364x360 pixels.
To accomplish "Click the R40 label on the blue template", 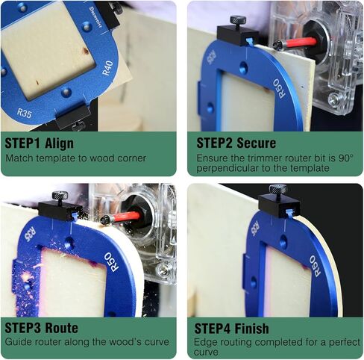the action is (107, 68).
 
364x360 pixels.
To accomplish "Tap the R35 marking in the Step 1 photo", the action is (25, 114).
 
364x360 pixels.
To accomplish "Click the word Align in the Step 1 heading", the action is (60, 143).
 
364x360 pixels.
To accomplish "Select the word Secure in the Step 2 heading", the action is (257, 143).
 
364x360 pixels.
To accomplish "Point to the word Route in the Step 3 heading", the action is (62, 328).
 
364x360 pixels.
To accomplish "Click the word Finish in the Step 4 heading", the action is (252, 329).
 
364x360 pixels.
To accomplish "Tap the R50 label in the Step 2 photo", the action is (280, 89).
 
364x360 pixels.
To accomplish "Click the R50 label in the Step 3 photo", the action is (112, 262).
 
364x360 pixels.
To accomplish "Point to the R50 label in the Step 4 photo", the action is (315, 266).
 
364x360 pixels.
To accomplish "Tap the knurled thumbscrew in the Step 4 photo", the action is (278, 190).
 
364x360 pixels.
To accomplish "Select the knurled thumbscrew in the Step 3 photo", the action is (60, 196).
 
